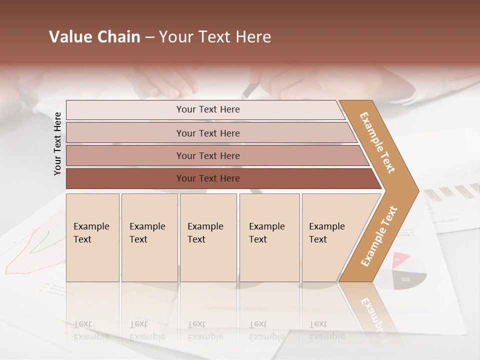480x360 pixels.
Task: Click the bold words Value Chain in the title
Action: click(94, 37)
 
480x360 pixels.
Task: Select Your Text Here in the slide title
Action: click(215, 37)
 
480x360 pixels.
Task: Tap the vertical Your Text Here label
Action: click(57, 143)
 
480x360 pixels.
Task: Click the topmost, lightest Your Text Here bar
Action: click(207, 109)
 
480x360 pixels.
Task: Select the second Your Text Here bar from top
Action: click(207, 133)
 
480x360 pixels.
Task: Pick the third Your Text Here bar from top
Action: click(207, 155)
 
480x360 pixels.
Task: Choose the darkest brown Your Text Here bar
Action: click(207, 178)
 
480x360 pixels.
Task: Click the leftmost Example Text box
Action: click(92, 237)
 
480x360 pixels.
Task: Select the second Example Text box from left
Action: click(149, 237)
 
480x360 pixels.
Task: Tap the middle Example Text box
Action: click(208, 237)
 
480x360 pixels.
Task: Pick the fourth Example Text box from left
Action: click(269, 237)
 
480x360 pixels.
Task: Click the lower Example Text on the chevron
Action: click(379, 236)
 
